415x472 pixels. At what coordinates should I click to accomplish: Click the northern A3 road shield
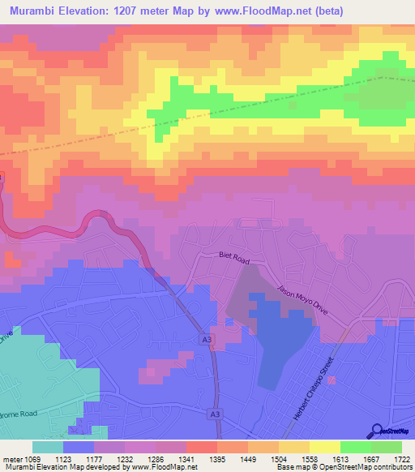click(x=207, y=339)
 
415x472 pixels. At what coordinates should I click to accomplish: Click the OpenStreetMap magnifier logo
click(x=377, y=431)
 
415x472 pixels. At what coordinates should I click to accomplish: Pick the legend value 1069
click(x=31, y=459)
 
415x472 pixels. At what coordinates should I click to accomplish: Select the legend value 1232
click(x=123, y=459)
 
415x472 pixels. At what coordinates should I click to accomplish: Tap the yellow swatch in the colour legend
click(x=324, y=447)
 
